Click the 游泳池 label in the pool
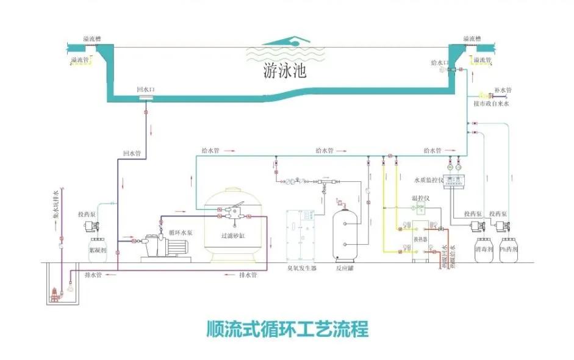[x=284, y=71]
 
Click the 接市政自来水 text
[x=491, y=104]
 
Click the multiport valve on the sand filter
[x=232, y=213]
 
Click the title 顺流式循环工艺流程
[x=286, y=329]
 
